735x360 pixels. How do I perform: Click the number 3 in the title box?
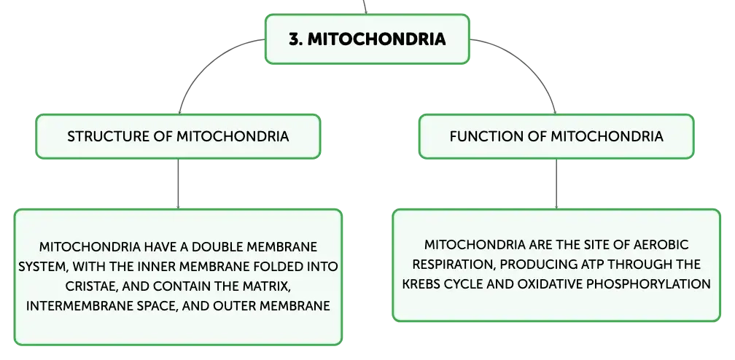(x=295, y=39)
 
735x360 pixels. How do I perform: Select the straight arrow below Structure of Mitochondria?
(x=178, y=184)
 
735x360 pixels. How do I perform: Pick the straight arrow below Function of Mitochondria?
(x=556, y=184)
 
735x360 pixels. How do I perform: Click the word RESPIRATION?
(x=454, y=265)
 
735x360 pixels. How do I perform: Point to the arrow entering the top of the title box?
(x=365, y=7)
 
